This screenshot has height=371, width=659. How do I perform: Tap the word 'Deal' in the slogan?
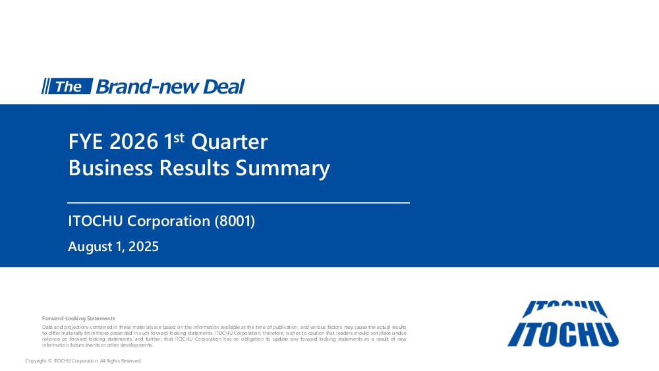click(x=223, y=86)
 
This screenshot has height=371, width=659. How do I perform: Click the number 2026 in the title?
click(x=134, y=142)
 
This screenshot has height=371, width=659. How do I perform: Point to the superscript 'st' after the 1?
click(x=179, y=137)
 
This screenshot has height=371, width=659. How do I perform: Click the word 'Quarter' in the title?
click(x=229, y=142)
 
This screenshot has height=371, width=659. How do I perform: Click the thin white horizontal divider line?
click(x=239, y=203)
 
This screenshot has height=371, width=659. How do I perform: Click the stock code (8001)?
click(x=235, y=221)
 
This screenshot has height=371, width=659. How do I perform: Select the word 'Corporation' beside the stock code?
click(x=169, y=221)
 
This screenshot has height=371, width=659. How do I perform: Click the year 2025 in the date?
click(x=144, y=246)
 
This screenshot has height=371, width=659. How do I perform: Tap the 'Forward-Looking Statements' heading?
click(x=78, y=318)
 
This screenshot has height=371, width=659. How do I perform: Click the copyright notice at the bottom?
click(x=83, y=361)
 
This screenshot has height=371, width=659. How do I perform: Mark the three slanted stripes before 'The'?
click(x=45, y=86)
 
